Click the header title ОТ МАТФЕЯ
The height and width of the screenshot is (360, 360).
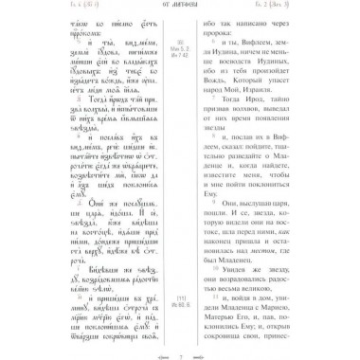pyautogui.click(x=180, y=11)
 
